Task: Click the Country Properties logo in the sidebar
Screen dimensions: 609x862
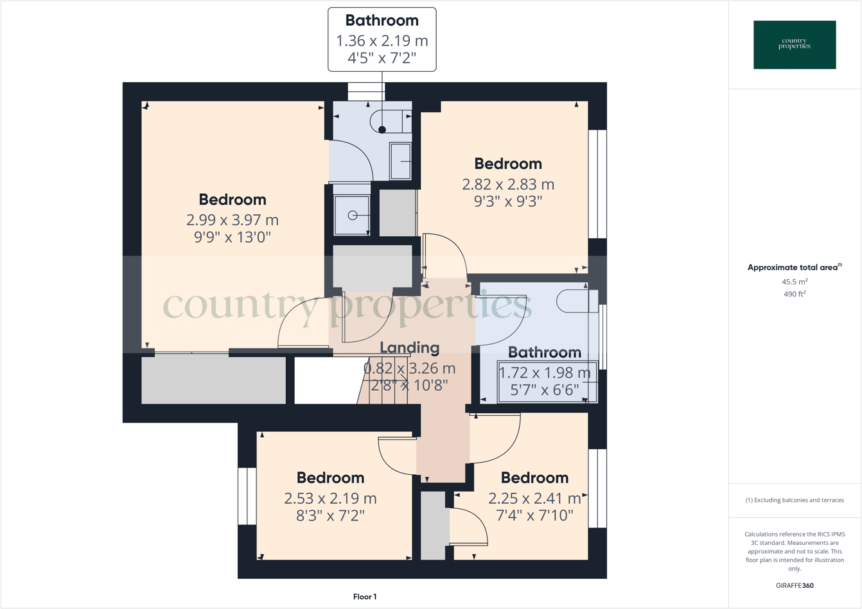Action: pos(795,44)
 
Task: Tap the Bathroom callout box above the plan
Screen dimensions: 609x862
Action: pos(382,39)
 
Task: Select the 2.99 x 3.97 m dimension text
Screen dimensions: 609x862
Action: pos(233,219)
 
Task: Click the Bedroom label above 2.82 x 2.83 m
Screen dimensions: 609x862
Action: pos(508,164)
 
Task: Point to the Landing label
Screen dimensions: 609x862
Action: pos(410,348)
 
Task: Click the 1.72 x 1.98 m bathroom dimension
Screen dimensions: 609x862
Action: pos(545,372)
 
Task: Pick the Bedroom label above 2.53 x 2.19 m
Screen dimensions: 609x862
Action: pos(330,477)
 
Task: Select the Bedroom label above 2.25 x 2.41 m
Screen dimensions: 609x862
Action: pos(534,477)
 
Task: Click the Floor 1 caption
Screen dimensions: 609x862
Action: pos(365,597)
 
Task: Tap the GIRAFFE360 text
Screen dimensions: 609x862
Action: pos(795,585)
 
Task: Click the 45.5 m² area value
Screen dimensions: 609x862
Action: pos(795,282)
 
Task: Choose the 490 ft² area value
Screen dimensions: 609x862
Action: pos(795,294)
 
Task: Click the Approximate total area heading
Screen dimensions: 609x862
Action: pos(795,268)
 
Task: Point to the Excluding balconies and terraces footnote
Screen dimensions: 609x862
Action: pos(795,500)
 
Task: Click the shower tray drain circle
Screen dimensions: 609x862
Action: pos(353,216)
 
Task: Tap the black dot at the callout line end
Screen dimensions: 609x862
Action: pos(382,130)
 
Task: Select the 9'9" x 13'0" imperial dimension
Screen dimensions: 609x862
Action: pos(233,237)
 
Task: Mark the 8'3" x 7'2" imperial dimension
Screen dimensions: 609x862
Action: pos(330,515)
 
